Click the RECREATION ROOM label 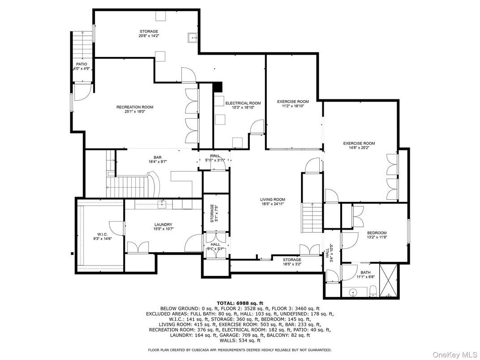point(135,107)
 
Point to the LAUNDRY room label point(163,225)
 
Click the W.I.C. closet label point(102,234)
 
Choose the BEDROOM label point(377,233)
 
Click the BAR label point(158,157)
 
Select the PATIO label point(81,64)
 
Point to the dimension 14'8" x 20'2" point(359,148)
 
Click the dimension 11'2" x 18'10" point(293,106)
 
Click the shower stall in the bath point(388,281)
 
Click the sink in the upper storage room point(193,37)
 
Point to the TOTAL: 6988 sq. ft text point(240,303)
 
